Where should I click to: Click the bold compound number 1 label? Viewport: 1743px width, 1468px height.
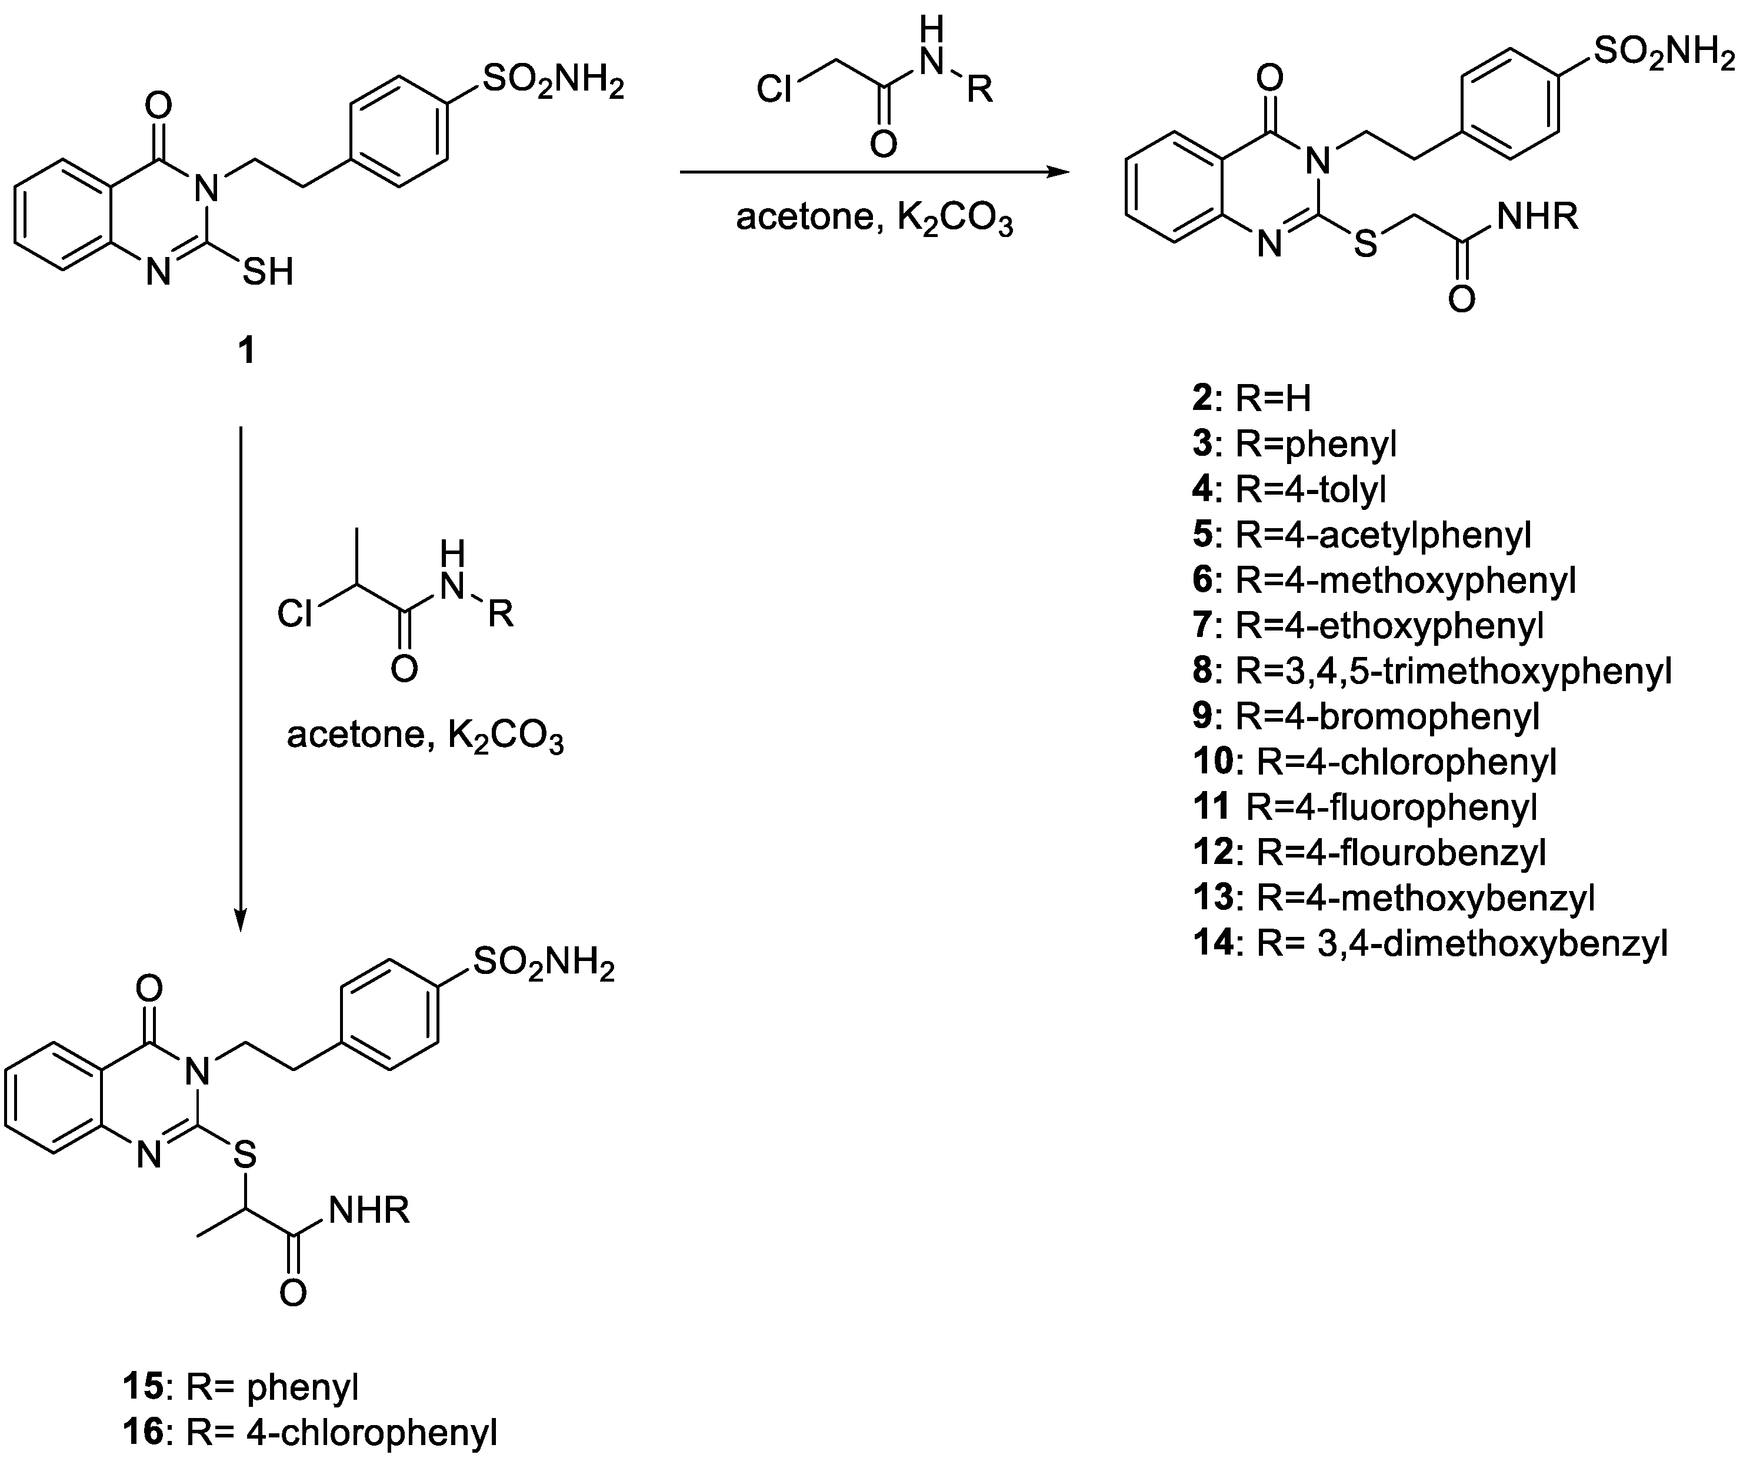click(x=246, y=351)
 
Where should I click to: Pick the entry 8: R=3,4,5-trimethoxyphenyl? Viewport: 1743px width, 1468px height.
click(x=1432, y=670)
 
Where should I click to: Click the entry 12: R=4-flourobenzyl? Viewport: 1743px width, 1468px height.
click(x=1369, y=852)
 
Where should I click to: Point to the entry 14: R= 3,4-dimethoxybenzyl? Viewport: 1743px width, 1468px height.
click(x=1430, y=943)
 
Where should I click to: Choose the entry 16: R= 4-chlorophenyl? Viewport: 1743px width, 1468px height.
click(x=309, y=1432)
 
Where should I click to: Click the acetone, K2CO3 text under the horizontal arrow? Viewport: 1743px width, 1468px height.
click(x=874, y=218)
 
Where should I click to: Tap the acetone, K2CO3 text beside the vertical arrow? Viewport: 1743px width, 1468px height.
click(x=425, y=735)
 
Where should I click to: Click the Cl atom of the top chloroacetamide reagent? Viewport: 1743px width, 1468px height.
click(x=774, y=89)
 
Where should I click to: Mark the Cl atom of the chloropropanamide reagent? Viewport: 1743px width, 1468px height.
click(x=295, y=614)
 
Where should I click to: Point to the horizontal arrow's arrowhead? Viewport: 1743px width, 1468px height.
click(x=1059, y=172)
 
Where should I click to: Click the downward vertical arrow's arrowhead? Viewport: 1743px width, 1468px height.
click(x=241, y=922)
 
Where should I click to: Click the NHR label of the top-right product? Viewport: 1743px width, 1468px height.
click(x=1537, y=217)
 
